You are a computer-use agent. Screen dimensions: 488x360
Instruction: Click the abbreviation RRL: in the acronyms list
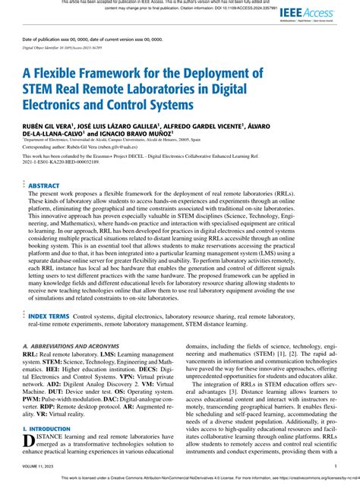(x=30, y=354)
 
